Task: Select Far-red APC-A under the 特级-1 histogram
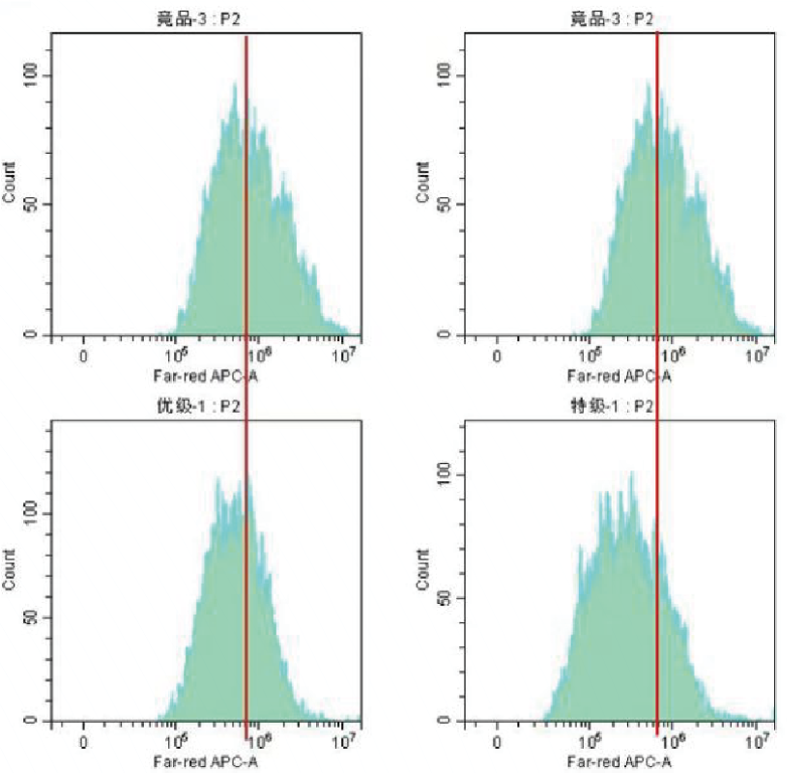coord(619,761)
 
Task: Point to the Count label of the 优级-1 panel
coord(10,571)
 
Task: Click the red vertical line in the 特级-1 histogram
coord(657,580)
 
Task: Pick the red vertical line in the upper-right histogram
coord(657,193)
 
